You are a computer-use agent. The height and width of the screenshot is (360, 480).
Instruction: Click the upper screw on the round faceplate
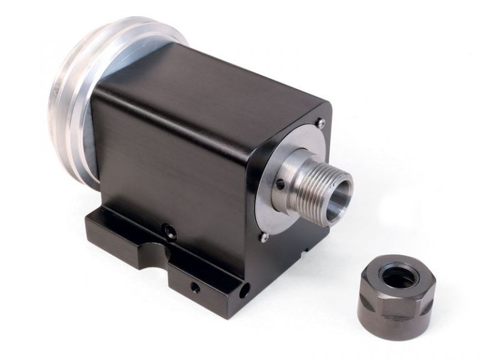320,124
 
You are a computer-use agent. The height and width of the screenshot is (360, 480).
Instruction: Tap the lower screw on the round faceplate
265,236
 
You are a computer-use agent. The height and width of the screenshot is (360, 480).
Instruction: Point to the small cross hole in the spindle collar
281,184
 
